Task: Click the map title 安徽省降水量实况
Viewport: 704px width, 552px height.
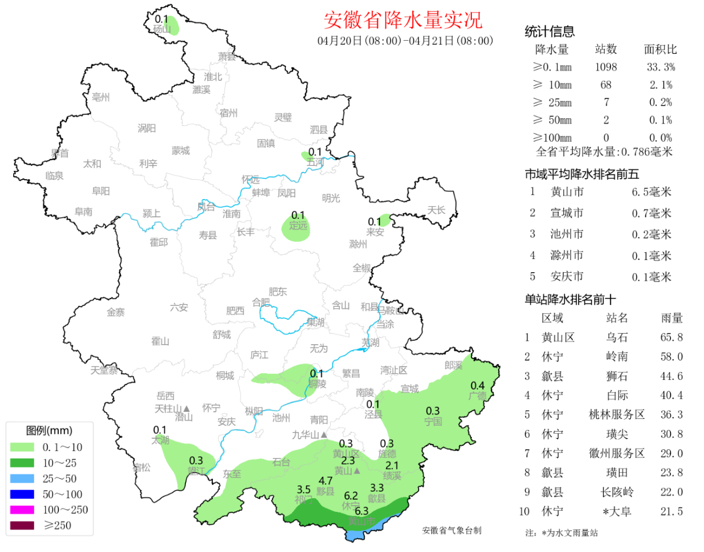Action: pyautogui.click(x=403, y=20)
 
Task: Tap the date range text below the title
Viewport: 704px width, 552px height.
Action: pyautogui.click(x=405, y=41)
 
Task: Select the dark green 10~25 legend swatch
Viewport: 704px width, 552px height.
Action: pyautogui.click(x=22, y=463)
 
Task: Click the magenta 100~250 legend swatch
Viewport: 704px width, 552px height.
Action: pyautogui.click(x=22, y=510)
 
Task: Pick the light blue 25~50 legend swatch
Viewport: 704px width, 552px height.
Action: pyautogui.click(x=22, y=478)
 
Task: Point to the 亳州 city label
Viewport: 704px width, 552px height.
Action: pyautogui.click(x=101, y=97)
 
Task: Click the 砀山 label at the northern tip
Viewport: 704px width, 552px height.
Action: pyautogui.click(x=162, y=29)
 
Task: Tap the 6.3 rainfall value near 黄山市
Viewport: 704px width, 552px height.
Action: pyautogui.click(x=361, y=511)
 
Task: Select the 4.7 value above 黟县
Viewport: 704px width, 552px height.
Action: pyautogui.click(x=326, y=481)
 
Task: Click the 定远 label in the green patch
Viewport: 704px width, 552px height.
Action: pyautogui.click(x=298, y=225)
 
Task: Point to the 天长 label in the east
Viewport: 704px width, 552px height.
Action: pyautogui.click(x=436, y=210)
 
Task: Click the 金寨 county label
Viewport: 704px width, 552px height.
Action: pyautogui.click(x=116, y=312)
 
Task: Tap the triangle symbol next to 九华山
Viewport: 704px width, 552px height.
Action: pyautogui.click(x=324, y=435)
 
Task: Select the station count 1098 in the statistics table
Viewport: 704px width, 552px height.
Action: pyautogui.click(x=606, y=67)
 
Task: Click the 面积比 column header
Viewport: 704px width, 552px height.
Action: pyautogui.click(x=660, y=49)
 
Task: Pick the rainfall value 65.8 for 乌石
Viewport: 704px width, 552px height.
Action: pyautogui.click(x=672, y=338)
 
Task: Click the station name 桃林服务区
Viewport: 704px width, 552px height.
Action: pyautogui.click(x=617, y=415)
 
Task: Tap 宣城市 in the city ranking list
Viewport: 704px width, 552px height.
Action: pyautogui.click(x=566, y=213)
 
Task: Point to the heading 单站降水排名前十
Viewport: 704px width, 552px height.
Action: pyautogui.click(x=570, y=300)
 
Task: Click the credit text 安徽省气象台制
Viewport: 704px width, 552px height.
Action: pyautogui.click(x=452, y=531)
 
